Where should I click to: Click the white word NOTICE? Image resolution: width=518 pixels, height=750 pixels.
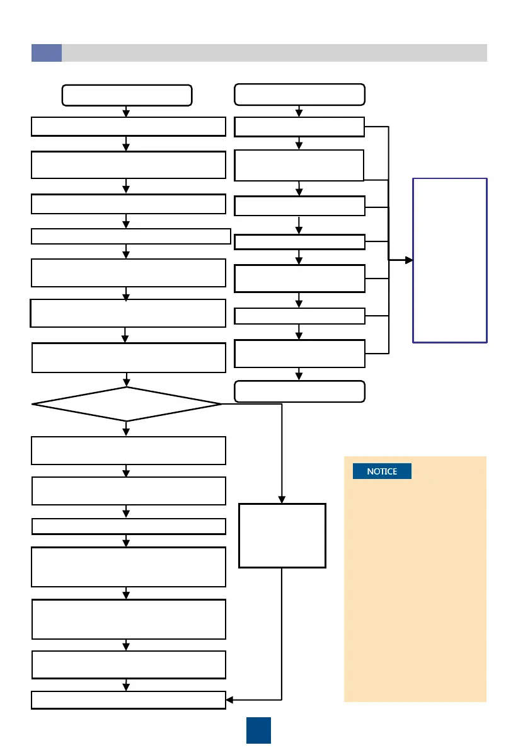coord(382,471)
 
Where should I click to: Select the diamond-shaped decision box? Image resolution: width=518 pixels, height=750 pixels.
coord(127,403)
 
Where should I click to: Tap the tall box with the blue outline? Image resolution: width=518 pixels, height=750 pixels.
coord(449,260)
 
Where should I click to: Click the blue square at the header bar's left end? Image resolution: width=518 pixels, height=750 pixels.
coord(47,53)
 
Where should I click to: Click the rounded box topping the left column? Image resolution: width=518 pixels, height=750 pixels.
coord(127,95)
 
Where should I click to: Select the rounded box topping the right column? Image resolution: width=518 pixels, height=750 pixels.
coord(299,95)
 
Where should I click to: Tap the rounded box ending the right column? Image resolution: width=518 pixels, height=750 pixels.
coord(299,391)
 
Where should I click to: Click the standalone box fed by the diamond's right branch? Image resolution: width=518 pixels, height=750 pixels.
coord(282,535)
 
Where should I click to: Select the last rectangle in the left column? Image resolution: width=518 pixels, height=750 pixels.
coord(129,700)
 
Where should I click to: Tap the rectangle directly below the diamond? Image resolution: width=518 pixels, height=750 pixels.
coord(129,450)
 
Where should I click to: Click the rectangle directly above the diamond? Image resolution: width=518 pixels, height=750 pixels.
coord(129,357)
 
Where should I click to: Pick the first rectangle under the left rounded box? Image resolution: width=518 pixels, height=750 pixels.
coord(129,126)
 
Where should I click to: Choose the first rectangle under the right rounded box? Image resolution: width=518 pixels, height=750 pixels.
coord(299,127)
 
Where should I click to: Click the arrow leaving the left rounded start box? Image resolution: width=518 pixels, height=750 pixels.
coord(127,112)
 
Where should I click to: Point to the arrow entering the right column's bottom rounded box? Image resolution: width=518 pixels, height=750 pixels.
coord(299,374)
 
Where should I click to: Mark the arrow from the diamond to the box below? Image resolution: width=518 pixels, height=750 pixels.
coord(127,429)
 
